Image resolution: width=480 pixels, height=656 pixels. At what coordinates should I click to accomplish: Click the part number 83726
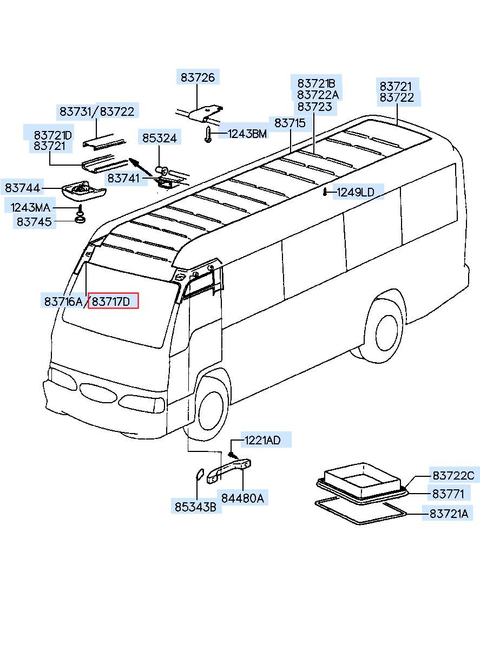click(198, 78)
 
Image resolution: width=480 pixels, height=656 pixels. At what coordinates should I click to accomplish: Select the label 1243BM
click(247, 134)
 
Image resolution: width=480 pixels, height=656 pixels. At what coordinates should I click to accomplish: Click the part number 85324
click(159, 139)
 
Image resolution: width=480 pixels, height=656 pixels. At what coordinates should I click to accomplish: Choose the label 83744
click(23, 188)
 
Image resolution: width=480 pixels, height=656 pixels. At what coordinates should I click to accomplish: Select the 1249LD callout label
click(356, 192)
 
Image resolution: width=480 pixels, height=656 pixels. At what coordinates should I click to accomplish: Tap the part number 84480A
click(242, 498)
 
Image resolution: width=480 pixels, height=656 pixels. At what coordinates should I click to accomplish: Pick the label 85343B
click(195, 507)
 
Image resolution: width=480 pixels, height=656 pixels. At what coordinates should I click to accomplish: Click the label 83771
click(448, 494)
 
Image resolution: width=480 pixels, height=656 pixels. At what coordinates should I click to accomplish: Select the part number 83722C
click(453, 476)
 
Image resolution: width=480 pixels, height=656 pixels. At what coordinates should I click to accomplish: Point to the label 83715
click(290, 123)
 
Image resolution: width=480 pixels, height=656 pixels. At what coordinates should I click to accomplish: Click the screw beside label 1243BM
click(208, 135)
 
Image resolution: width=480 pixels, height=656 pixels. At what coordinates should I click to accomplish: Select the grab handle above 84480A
click(229, 468)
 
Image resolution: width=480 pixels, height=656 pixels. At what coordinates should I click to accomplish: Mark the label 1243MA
click(30, 207)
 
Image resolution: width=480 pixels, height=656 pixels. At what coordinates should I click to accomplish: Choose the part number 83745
click(36, 222)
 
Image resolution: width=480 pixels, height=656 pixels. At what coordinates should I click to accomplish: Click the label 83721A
click(449, 514)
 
